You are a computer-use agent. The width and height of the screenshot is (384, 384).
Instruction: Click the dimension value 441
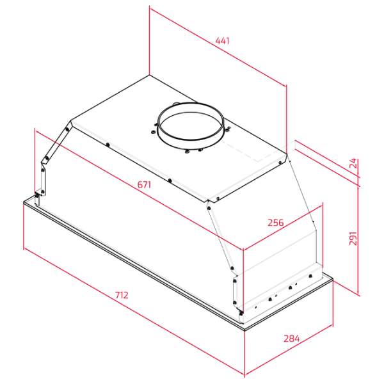point(222,41)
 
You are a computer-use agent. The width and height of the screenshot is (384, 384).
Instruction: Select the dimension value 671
point(144,185)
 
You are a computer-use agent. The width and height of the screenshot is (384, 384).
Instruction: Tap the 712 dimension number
point(122,295)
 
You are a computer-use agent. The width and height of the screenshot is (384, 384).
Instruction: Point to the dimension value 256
point(276,223)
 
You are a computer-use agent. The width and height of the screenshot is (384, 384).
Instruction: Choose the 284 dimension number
point(291,339)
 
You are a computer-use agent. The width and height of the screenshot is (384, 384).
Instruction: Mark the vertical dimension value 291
point(353,238)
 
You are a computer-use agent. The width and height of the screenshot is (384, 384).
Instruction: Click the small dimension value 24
point(353,163)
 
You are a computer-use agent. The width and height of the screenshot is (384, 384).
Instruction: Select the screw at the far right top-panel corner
point(280,163)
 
